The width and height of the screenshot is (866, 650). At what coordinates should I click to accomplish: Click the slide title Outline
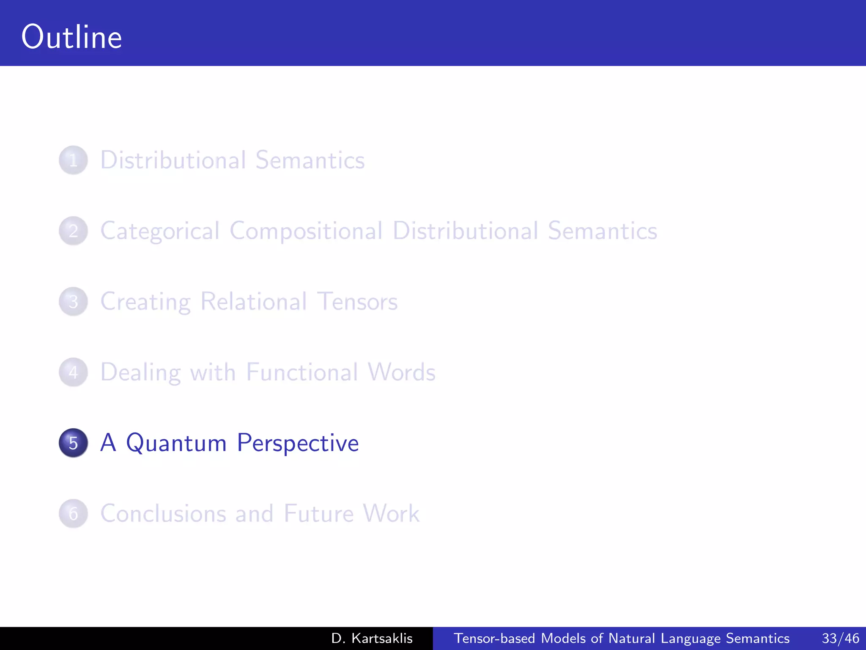(x=71, y=37)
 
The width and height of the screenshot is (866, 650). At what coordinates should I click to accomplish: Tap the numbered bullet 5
(x=73, y=443)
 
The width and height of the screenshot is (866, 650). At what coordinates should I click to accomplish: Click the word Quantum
(x=176, y=443)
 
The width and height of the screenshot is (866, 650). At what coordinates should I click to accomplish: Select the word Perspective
(x=298, y=443)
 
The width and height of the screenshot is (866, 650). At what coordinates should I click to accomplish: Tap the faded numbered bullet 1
(x=73, y=160)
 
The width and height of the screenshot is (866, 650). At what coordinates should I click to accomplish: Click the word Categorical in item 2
(x=160, y=231)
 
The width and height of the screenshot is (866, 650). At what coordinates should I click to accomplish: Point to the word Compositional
(x=306, y=231)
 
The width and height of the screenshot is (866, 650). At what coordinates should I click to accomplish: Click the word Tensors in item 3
(x=357, y=302)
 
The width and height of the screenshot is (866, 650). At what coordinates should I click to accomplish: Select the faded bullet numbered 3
(x=73, y=302)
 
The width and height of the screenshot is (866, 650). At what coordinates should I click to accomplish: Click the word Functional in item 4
(x=301, y=372)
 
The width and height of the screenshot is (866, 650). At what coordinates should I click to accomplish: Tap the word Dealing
(x=140, y=372)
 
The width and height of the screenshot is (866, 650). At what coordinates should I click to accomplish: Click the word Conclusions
(x=163, y=514)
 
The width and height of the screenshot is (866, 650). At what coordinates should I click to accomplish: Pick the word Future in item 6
(x=318, y=514)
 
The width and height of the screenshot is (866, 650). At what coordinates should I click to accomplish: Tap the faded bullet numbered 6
(x=73, y=514)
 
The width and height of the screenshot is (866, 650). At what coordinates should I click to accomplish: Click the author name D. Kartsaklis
(x=372, y=638)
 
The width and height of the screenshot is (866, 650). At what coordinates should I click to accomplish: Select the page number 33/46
(x=840, y=638)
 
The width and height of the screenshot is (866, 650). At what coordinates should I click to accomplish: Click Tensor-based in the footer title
(x=494, y=638)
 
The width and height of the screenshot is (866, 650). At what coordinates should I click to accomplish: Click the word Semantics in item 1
(x=310, y=160)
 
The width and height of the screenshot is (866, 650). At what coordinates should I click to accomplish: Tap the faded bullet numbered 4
(x=73, y=372)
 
